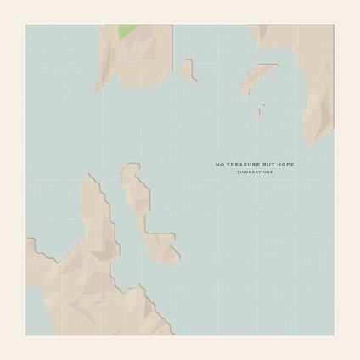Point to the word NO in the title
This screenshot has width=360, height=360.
pyautogui.click(x=219, y=163)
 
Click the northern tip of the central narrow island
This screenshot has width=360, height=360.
pyautogui.click(x=130, y=168)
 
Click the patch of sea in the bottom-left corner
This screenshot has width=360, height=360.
pyautogui.click(x=32, y=301)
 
